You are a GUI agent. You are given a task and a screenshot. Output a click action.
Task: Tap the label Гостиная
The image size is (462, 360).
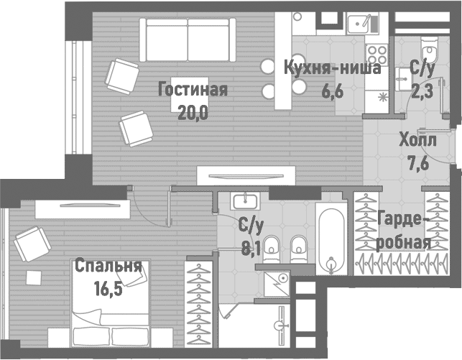[193, 90]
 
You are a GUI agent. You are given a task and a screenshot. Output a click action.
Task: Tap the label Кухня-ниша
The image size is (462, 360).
[321, 69]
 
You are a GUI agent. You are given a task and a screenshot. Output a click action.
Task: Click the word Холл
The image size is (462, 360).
[417, 141]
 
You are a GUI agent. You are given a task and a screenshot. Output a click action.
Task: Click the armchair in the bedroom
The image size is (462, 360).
[30, 244]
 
